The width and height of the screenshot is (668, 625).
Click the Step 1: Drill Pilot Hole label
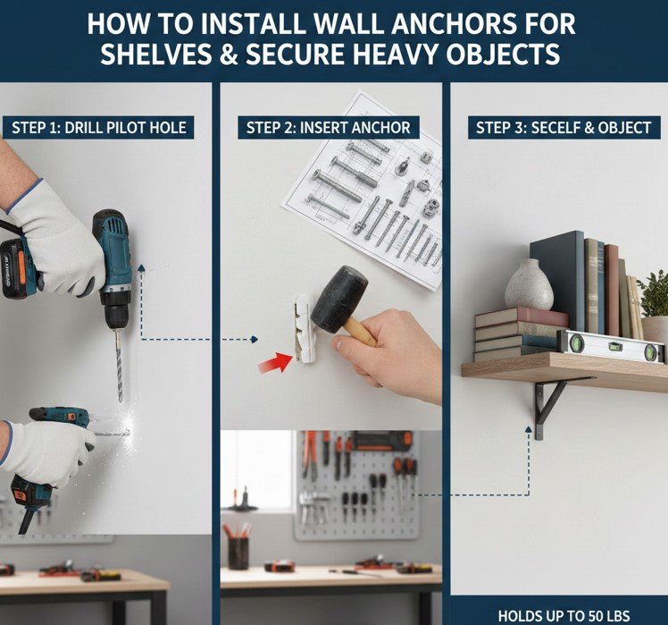click(x=98, y=128)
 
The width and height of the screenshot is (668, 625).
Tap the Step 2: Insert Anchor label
click(x=329, y=128)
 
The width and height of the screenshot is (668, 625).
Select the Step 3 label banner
click(x=564, y=128)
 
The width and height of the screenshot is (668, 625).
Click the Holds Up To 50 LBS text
click(x=564, y=616)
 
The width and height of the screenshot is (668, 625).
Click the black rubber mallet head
click(x=338, y=299)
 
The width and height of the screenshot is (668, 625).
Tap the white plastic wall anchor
click(x=305, y=328)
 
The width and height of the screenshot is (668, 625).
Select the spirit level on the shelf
click(x=613, y=345)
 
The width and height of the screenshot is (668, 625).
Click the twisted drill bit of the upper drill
click(x=119, y=366)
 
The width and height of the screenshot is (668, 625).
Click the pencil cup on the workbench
click(x=238, y=553)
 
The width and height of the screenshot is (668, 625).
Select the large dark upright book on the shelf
click(x=557, y=282)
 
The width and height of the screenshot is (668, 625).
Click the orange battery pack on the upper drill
click(x=17, y=269)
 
